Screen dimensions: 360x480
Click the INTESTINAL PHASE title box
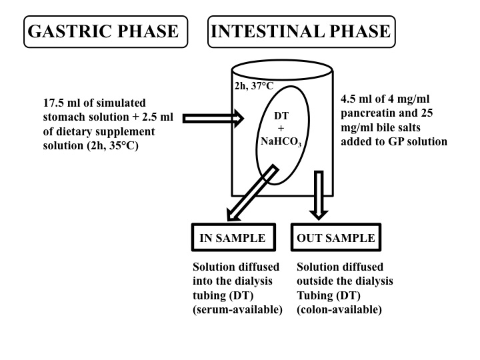301,31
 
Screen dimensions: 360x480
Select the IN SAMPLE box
233,238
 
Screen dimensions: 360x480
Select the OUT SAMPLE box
336,238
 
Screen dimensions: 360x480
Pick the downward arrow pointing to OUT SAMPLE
319,193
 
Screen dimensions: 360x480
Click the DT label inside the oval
281,115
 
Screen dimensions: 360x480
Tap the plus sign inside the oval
281,127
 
